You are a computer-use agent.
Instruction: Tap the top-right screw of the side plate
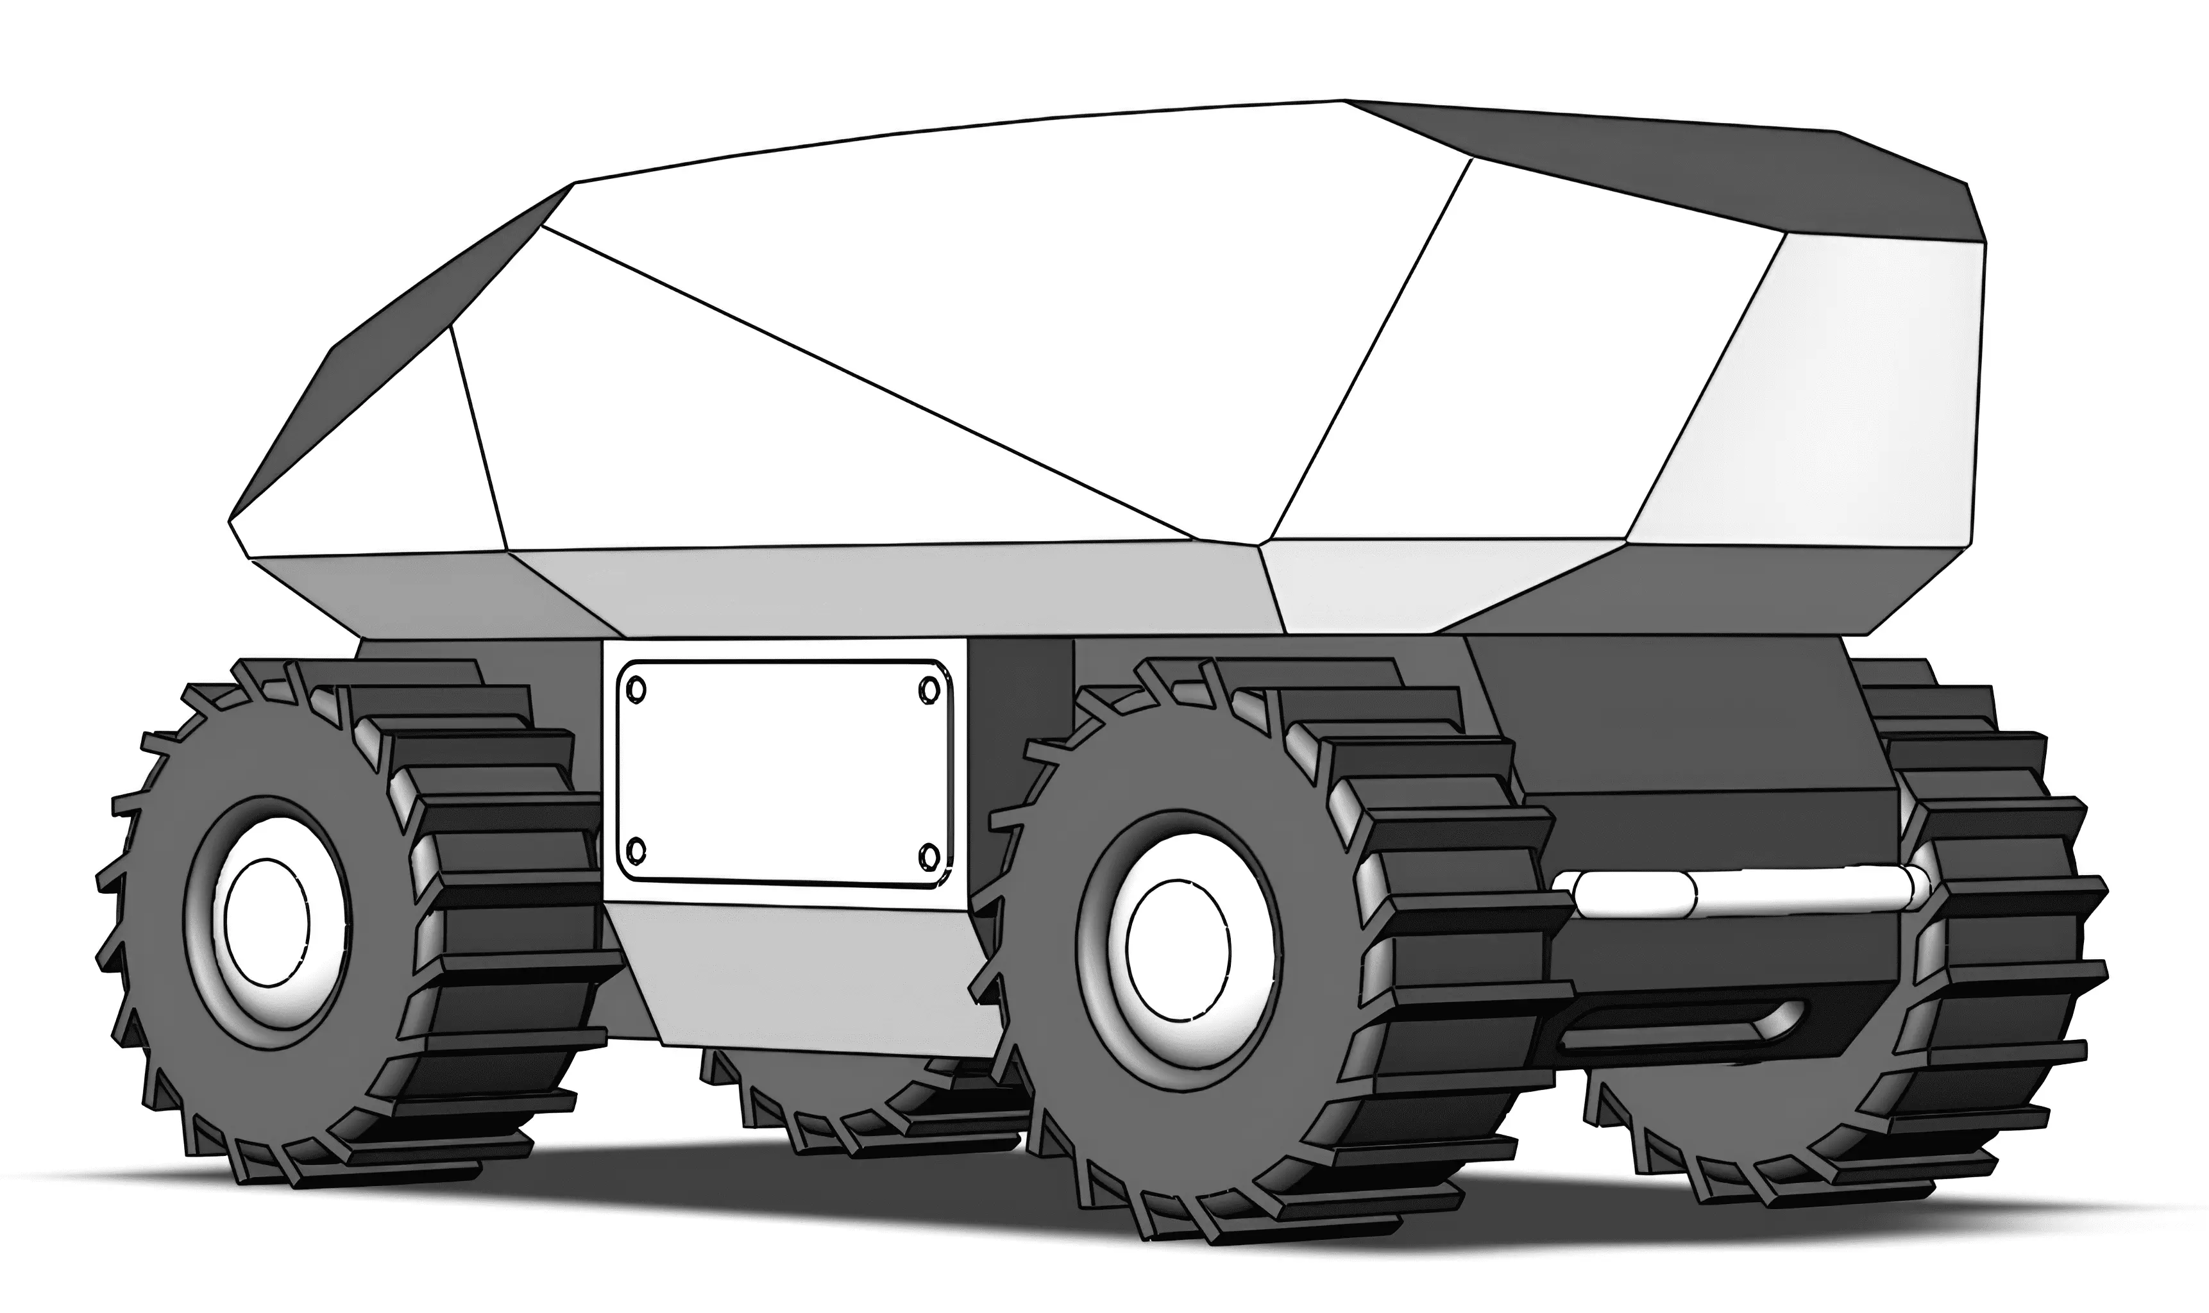928,687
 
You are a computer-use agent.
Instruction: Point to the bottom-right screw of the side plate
928,857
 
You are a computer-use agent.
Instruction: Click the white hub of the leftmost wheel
266,922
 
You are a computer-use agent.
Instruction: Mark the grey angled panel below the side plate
797,973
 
